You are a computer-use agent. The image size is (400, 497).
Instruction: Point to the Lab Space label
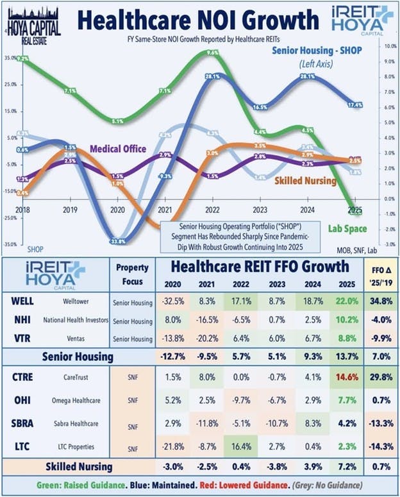(347, 228)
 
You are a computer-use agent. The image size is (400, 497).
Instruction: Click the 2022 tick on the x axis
(213, 209)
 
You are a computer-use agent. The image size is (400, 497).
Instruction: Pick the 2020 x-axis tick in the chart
(116, 209)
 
